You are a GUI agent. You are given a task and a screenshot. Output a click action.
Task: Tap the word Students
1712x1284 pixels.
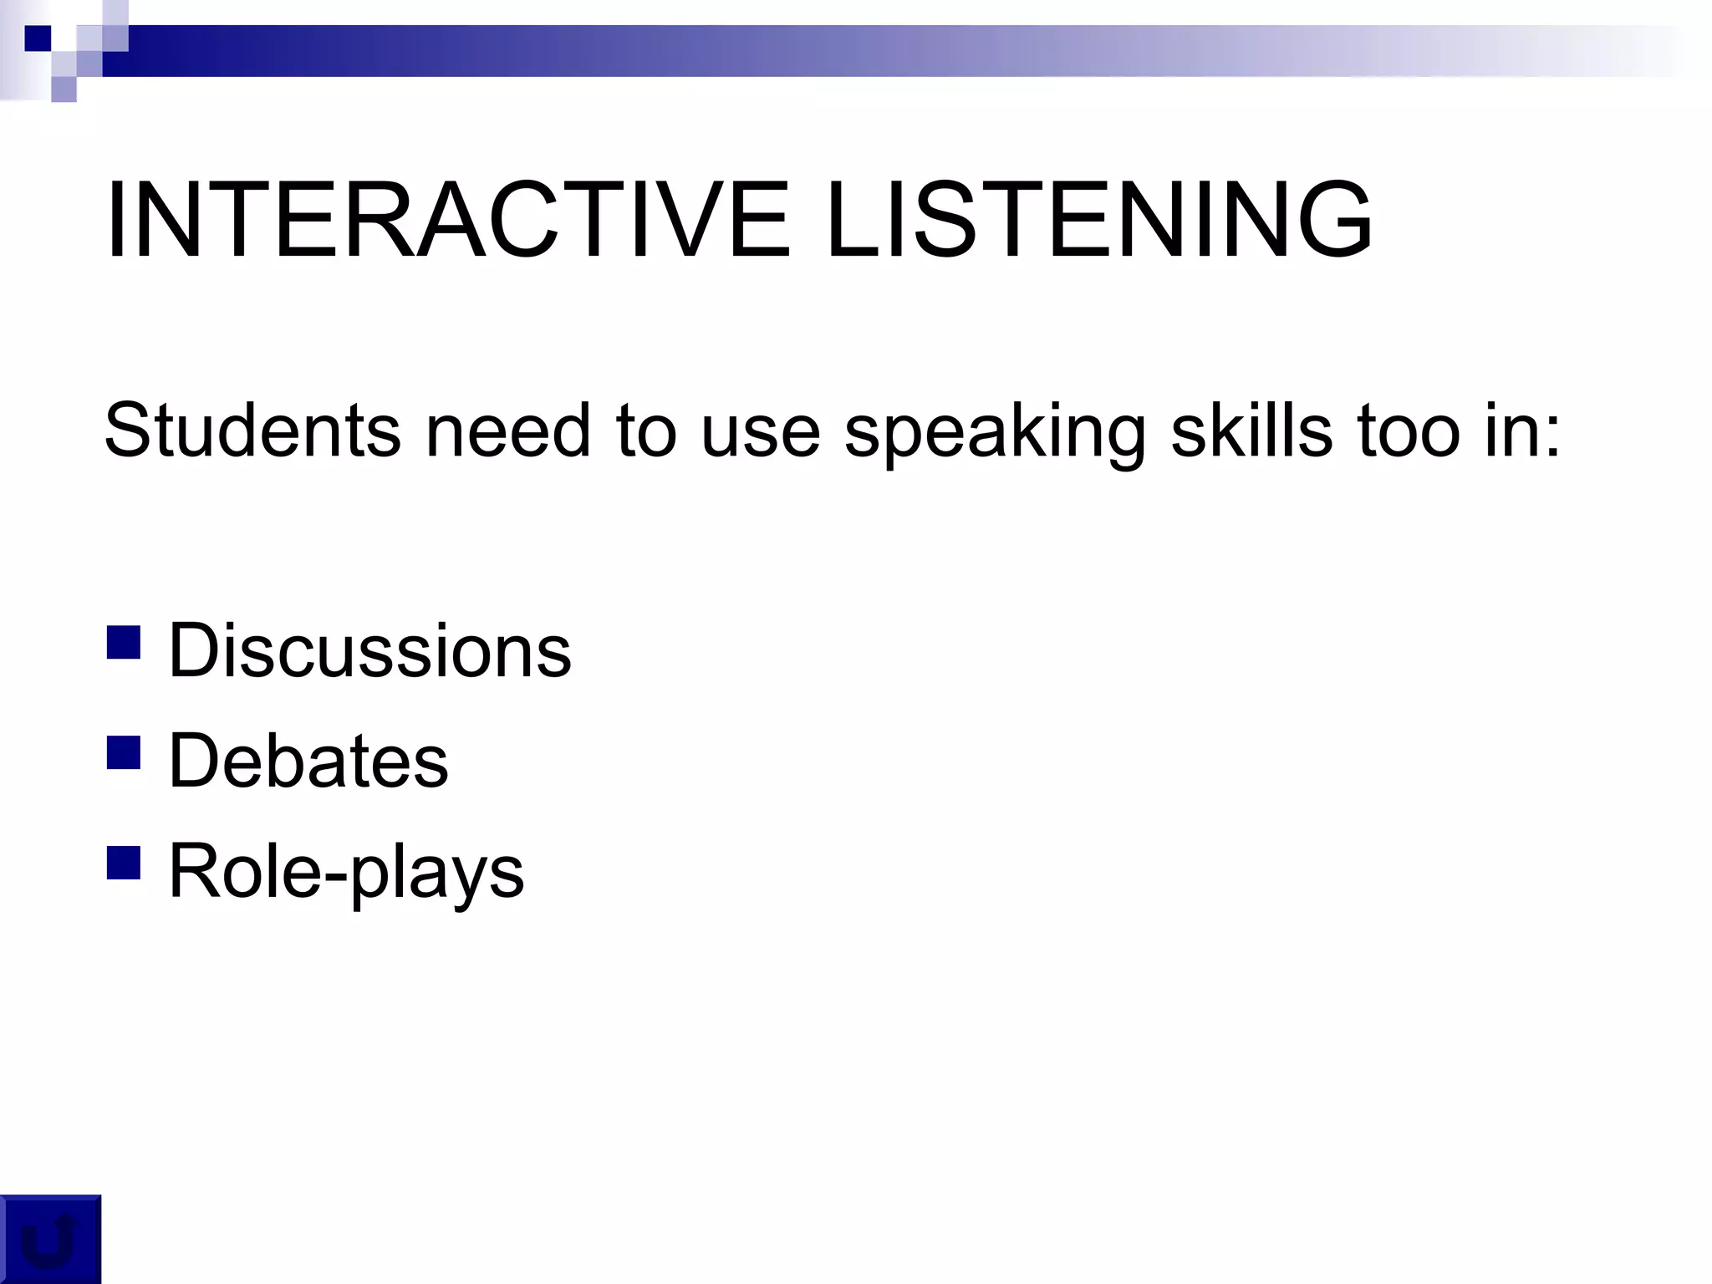click(x=252, y=431)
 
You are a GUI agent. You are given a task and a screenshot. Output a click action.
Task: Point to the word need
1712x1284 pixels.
click(x=508, y=431)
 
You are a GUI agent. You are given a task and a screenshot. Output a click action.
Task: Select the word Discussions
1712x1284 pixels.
click(x=369, y=650)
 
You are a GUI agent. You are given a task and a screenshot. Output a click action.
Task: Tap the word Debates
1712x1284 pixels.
click(x=308, y=761)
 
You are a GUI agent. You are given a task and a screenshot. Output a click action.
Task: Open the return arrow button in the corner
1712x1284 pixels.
click(x=49, y=1240)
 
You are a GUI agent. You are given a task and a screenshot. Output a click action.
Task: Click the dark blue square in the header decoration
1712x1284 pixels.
click(x=38, y=38)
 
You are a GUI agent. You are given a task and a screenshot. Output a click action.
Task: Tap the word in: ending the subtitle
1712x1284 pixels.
click(x=1521, y=431)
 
